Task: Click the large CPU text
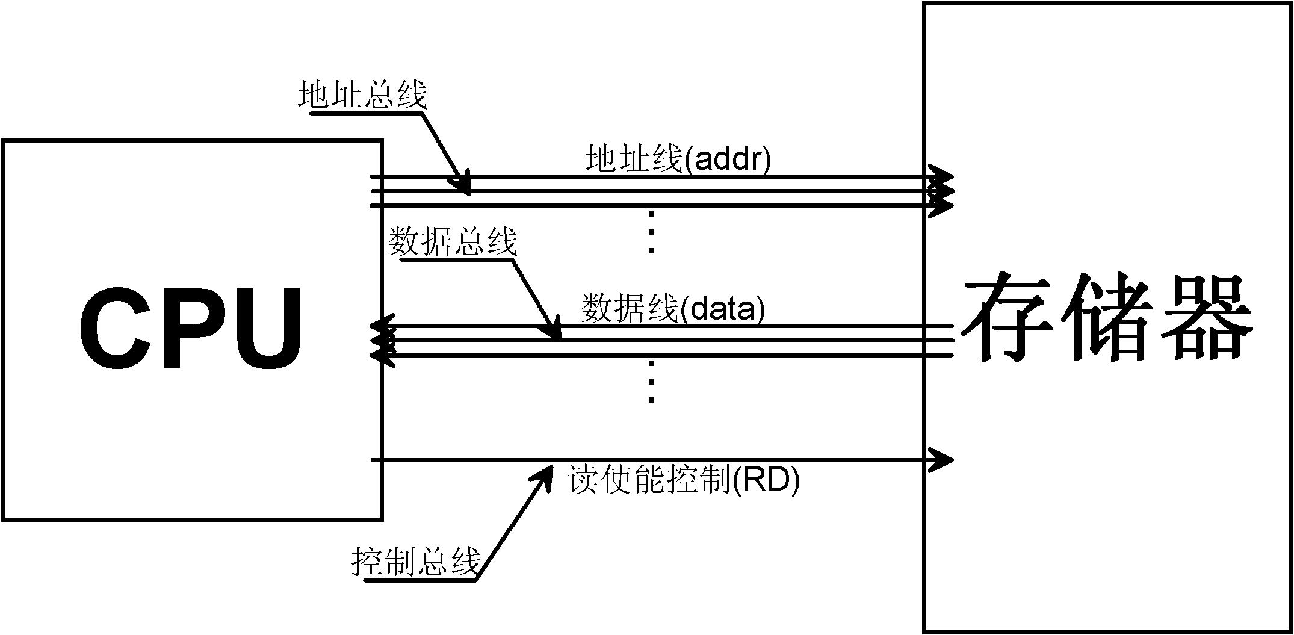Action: [191, 329]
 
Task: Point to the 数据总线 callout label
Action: [453, 241]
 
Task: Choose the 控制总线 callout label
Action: [416, 562]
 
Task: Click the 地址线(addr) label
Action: [678, 160]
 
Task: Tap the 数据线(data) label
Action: [673, 309]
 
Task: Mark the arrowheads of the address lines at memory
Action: [941, 191]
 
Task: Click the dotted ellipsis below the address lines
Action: [651, 232]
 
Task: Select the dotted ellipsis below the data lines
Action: [651, 381]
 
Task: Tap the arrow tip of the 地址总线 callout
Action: [469, 194]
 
